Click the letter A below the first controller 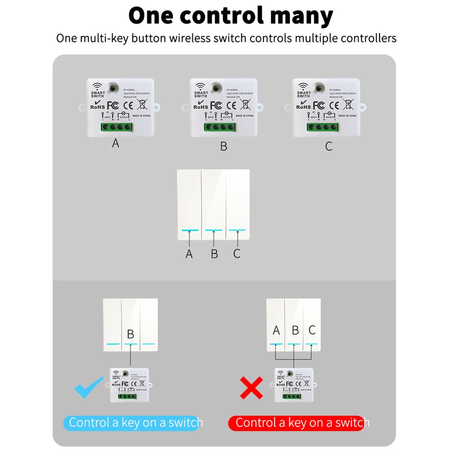pos(116,143)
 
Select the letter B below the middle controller pos(224,146)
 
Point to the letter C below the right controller pos(329,146)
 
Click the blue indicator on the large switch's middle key pos(214,230)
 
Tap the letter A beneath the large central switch pos(189,254)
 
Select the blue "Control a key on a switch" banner pos(133,423)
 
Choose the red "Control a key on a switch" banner pos(296,423)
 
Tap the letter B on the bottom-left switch pos(131,334)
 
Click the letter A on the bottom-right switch pos(276,330)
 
